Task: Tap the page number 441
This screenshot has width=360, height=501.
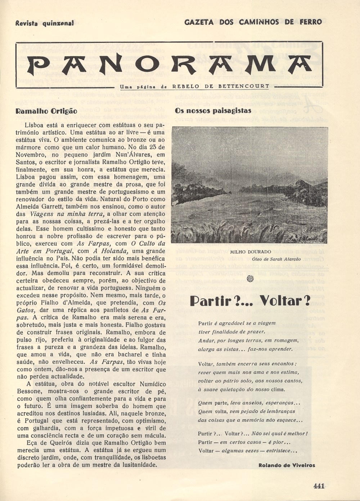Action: coord(319,486)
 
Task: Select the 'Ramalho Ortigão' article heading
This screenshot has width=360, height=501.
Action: coord(46,111)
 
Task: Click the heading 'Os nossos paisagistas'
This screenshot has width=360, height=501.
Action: coord(213,111)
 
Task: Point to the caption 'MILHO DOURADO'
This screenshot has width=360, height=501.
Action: coord(250,252)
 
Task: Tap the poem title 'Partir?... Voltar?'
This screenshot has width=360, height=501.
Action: coord(250,301)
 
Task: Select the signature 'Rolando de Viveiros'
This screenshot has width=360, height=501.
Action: coord(287,465)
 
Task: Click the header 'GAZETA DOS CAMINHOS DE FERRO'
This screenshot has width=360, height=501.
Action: coord(253,22)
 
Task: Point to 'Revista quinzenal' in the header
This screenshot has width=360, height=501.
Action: coord(45,23)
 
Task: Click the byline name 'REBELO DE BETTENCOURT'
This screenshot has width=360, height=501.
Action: coord(221,86)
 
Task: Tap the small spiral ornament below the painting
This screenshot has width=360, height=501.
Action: coord(251,278)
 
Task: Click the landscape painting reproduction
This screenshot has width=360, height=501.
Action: coord(250,185)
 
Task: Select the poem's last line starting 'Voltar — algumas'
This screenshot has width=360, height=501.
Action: coord(248,451)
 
